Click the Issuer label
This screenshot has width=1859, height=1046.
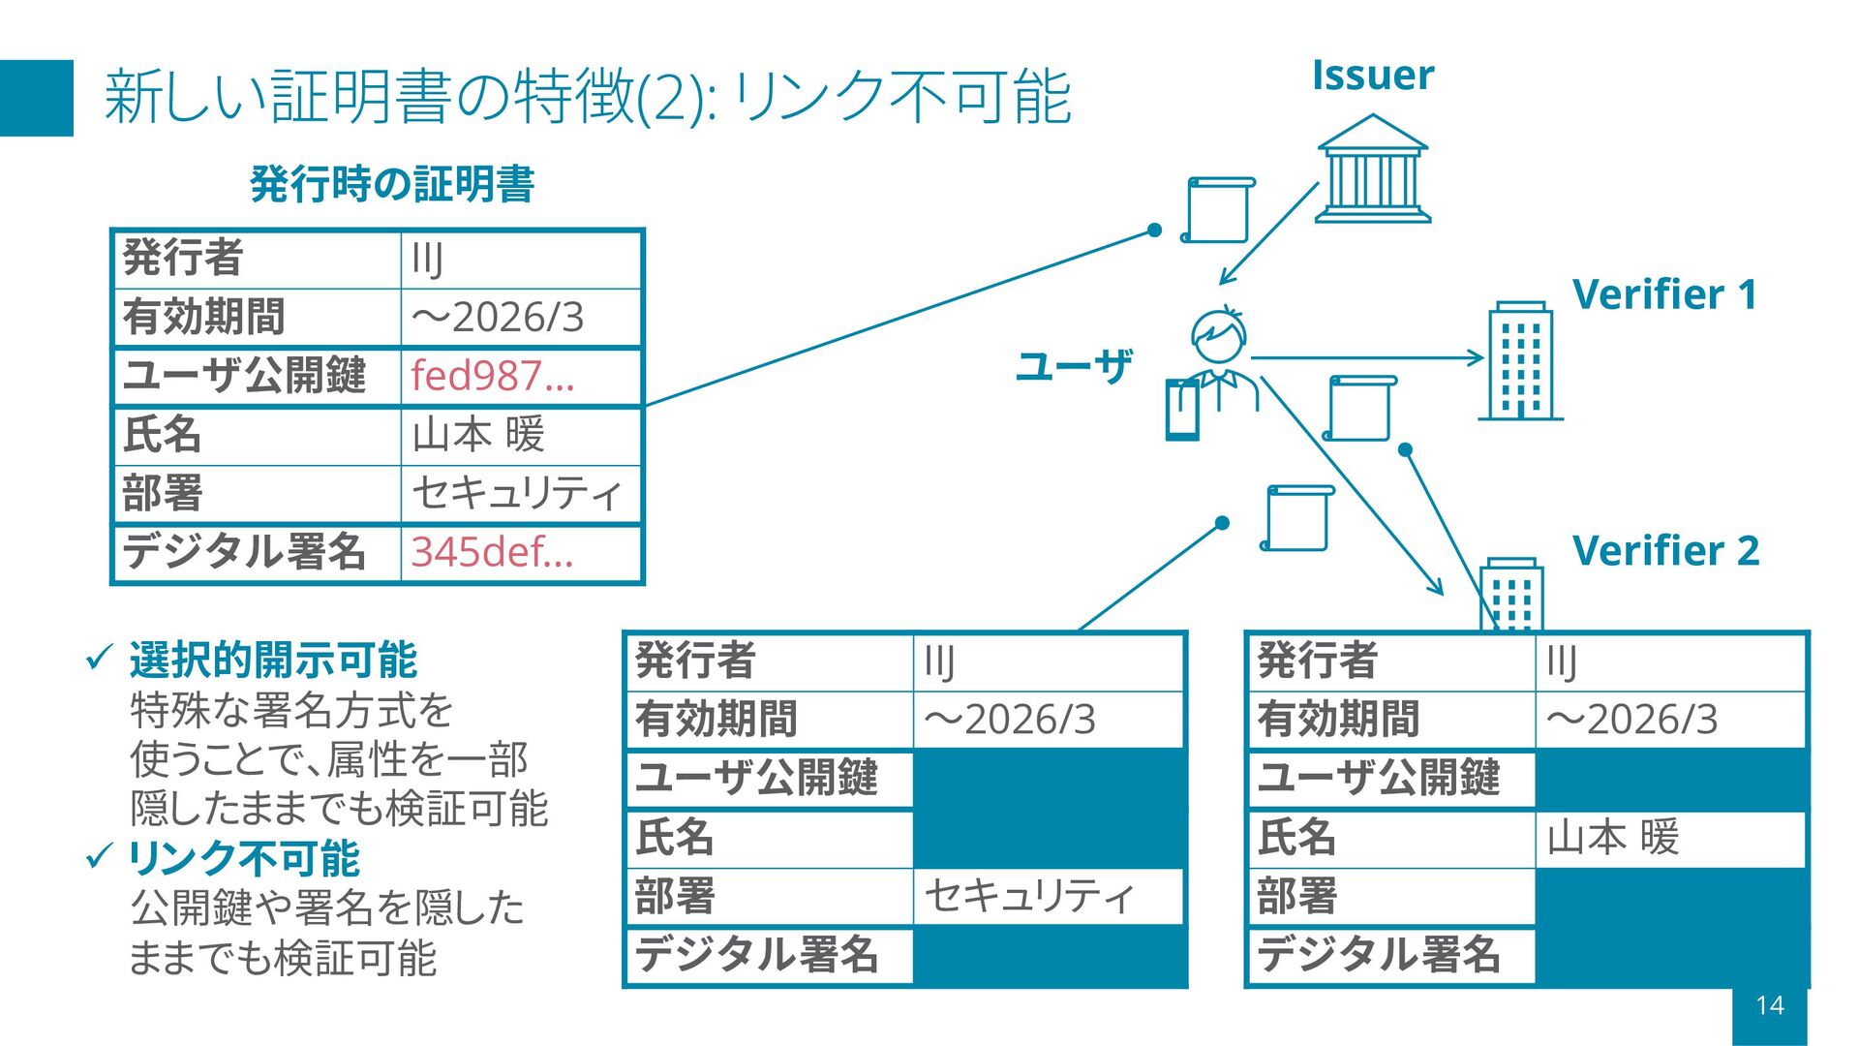(x=1372, y=76)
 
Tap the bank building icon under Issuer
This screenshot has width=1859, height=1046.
(x=1373, y=169)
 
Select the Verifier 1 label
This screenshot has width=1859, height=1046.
(x=1664, y=294)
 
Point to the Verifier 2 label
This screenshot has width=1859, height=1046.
(x=1665, y=551)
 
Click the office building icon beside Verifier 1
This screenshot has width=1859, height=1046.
(x=1520, y=360)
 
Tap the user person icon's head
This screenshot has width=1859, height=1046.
(x=1218, y=334)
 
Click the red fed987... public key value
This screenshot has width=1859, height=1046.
(x=492, y=376)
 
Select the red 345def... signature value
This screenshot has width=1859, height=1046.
(x=492, y=552)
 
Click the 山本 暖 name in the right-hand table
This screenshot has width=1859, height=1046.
(x=1613, y=838)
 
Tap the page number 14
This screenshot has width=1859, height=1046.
(x=1769, y=1005)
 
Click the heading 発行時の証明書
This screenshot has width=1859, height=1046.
(x=392, y=184)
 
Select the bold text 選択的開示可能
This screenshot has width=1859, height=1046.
(x=273, y=661)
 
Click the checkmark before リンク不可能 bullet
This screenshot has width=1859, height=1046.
(x=100, y=856)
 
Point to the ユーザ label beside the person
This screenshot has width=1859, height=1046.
(x=1074, y=367)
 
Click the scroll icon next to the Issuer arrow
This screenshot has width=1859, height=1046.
(x=1218, y=209)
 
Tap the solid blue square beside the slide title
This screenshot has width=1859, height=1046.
(x=37, y=98)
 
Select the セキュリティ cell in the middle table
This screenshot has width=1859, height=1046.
(x=1028, y=896)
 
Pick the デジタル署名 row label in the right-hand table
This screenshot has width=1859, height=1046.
(x=1379, y=955)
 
